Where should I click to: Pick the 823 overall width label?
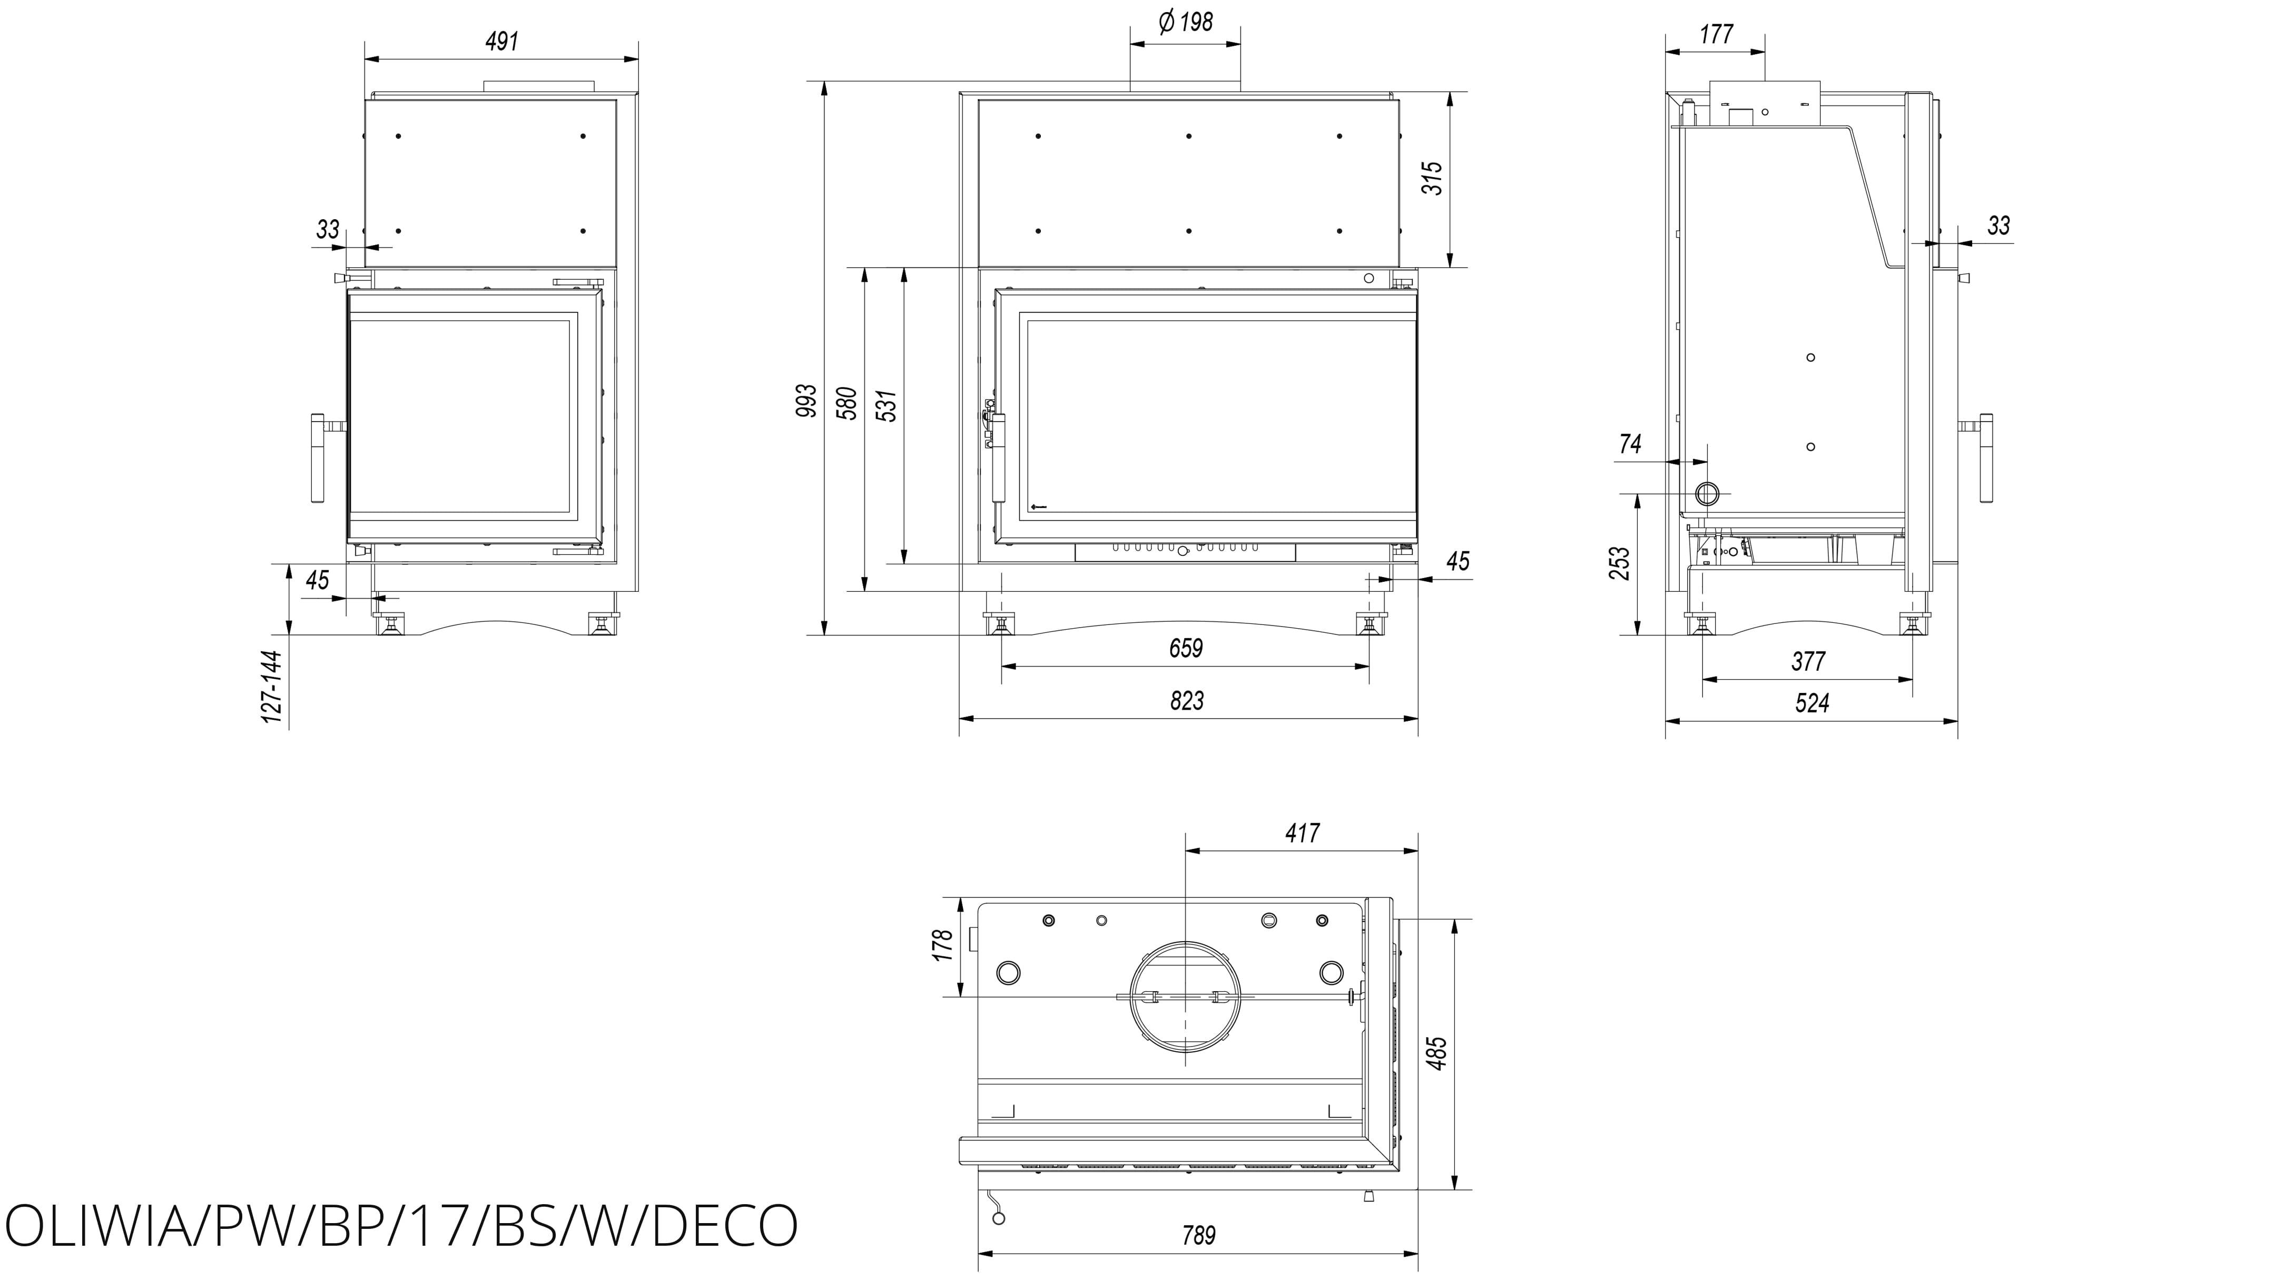click(x=1186, y=700)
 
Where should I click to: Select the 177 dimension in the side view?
click(x=1716, y=34)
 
